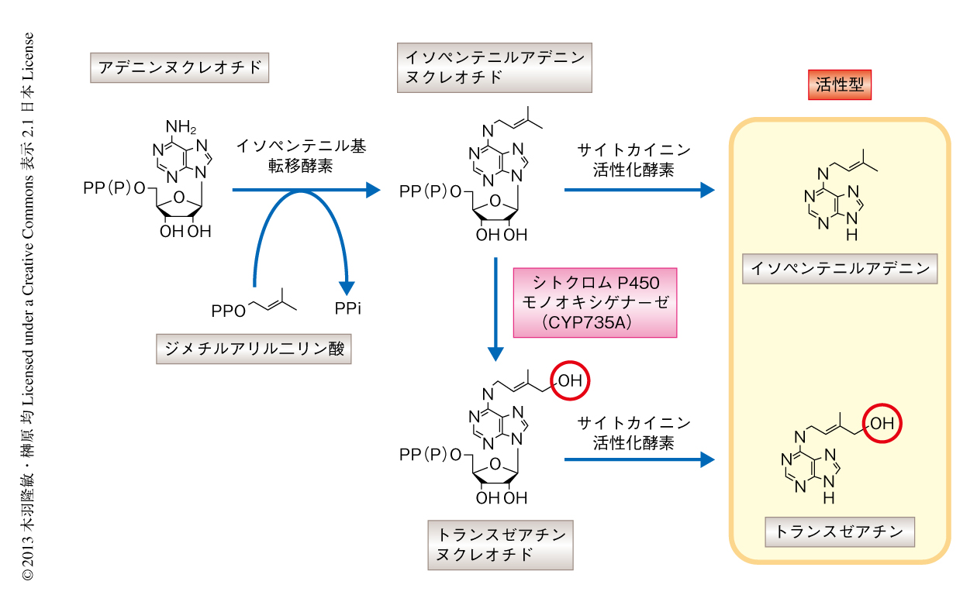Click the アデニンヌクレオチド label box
(180, 68)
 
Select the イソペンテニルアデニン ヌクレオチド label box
(494, 68)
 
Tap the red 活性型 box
(840, 85)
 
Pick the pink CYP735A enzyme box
(595, 302)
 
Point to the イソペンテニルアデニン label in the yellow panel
(840, 269)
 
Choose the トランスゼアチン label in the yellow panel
(840, 532)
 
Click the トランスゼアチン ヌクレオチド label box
(500, 545)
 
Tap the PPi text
(348, 309)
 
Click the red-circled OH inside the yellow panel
(885, 424)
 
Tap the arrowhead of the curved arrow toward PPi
(347, 286)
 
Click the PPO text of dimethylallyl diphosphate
(228, 311)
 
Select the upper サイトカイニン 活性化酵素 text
(633, 160)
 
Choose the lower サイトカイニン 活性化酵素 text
(633, 433)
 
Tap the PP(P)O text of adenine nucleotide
(113, 189)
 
